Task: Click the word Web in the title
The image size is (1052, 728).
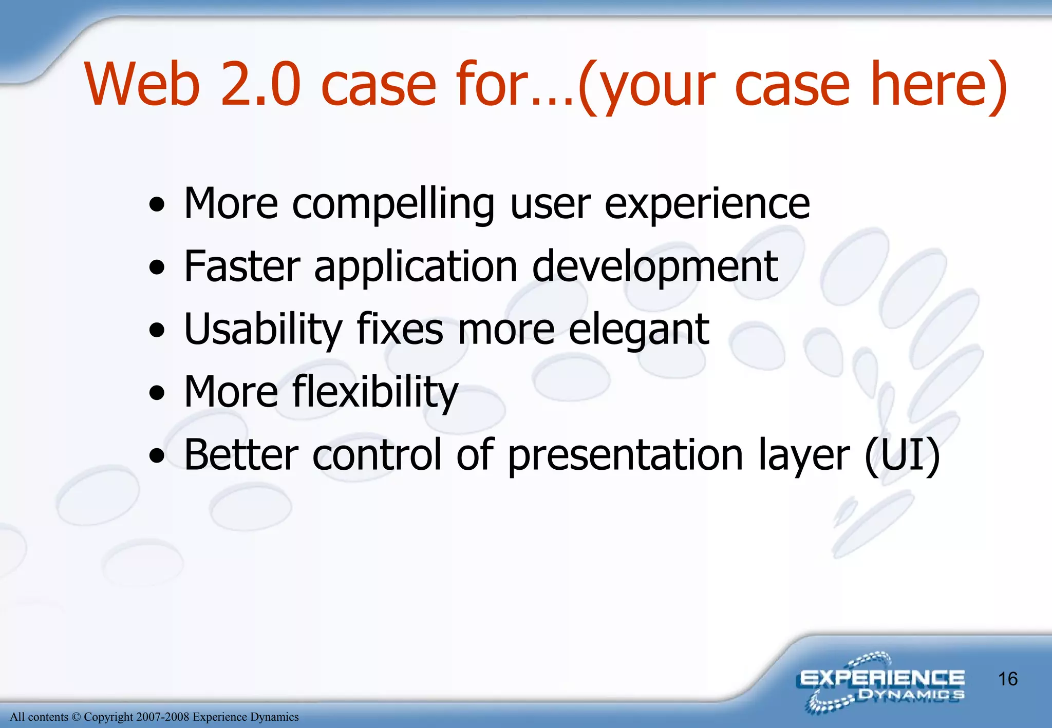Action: click(142, 84)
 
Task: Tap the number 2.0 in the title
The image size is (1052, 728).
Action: click(260, 84)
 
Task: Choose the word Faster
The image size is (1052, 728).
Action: click(242, 267)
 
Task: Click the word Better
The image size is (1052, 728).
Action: click(241, 455)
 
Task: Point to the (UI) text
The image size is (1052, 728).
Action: click(902, 456)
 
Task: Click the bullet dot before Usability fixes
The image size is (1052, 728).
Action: click(157, 331)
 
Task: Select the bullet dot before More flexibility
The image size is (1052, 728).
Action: click(157, 394)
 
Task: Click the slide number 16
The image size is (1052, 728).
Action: click(1007, 679)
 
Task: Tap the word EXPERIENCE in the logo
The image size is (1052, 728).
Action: click(881, 679)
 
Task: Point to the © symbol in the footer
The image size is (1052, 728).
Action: click(76, 717)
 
